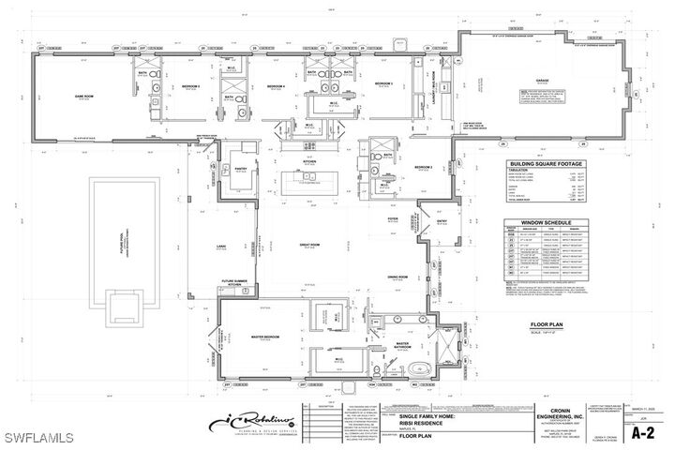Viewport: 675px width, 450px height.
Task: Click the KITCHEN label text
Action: tap(309, 160)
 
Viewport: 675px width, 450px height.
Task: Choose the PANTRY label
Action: tap(241, 169)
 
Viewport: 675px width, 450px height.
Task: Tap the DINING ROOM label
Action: tap(398, 277)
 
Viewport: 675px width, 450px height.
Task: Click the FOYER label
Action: tap(394, 217)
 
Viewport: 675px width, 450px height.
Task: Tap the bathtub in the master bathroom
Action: tap(422, 368)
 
